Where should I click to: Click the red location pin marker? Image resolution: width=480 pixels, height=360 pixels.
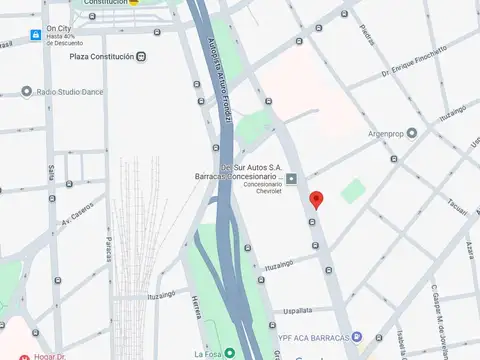click(x=317, y=199)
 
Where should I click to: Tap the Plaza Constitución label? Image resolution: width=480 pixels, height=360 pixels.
click(x=101, y=57)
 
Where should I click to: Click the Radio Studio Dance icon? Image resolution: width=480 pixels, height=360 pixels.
click(x=27, y=92)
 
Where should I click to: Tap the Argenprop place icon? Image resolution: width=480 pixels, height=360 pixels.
click(x=411, y=132)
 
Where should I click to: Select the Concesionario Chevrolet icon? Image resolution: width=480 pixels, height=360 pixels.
click(x=291, y=178)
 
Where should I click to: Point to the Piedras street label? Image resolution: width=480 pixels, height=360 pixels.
click(x=366, y=32)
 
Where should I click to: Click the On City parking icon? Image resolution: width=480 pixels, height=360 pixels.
click(x=36, y=35)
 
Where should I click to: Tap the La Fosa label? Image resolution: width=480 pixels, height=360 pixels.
click(x=207, y=353)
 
